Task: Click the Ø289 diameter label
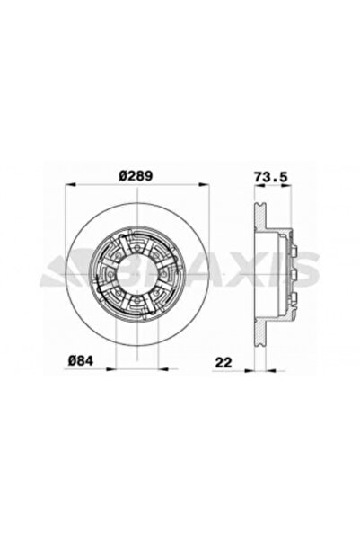(x=136, y=176)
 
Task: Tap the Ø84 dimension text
(x=81, y=360)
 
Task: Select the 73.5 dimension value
(x=271, y=177)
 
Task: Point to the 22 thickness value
(x=224, y=362)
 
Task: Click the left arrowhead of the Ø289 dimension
(x=70, y=185)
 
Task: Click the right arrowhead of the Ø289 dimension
(x=205, y=185)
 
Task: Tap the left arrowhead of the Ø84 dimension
(x=110, y=369)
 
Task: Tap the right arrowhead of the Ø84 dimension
(x=163, y=369)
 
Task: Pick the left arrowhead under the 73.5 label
(x=259, y=186)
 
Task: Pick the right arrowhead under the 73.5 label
(x=286, y=186)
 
